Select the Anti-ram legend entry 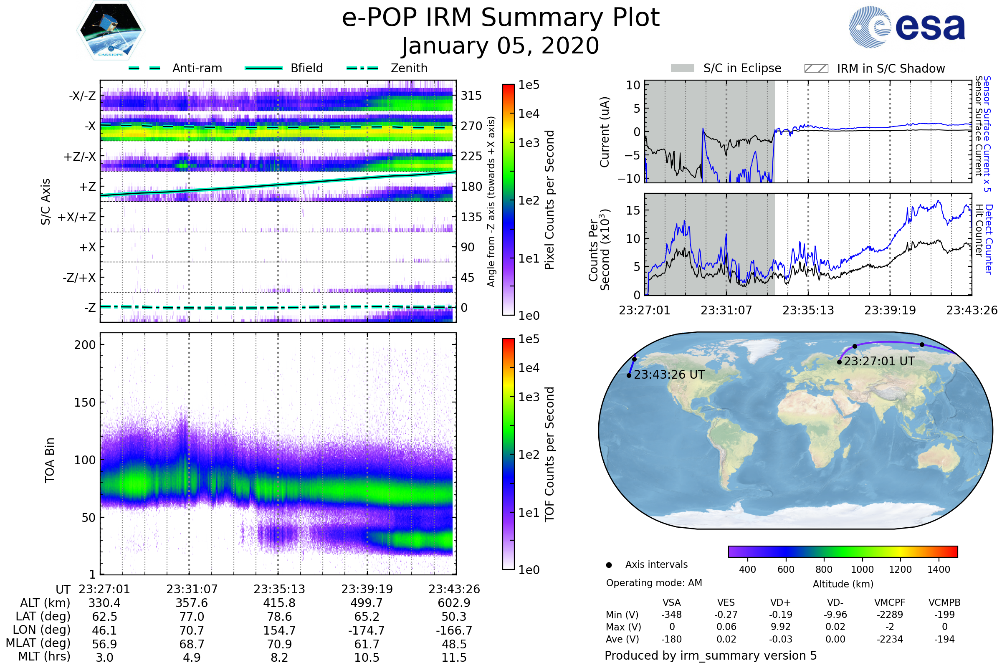pos(175,68)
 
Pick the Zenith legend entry pos(387,68)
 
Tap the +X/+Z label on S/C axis pos(77,217)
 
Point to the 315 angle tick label pos(471,96)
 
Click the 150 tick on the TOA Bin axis pos(85,402)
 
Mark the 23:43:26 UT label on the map pos(669,375)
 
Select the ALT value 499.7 pos(367,603)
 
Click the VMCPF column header pos(890,603)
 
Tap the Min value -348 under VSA pos(671,615)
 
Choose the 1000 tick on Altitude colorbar pos(862,569)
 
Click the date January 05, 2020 pos(501,46)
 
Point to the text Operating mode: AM pos(654,583)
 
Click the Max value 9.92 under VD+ pos(780,627)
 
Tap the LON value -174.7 pos(367,630)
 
